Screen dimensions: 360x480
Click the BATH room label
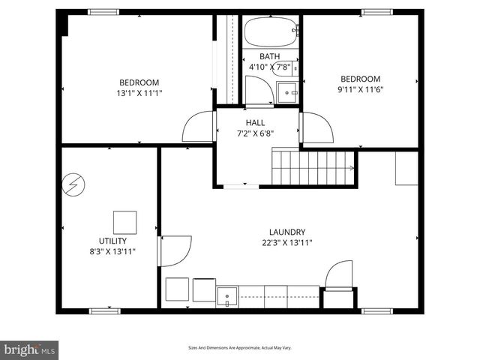pos(269,56)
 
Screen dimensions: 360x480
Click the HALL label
pos(255,123)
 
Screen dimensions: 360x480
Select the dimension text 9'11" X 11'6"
pos(360,89)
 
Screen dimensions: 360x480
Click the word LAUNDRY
pos(287,232)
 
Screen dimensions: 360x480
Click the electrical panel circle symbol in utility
pos(75,183)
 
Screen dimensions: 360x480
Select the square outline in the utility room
pos(124,223)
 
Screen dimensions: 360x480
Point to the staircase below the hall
pos(312,166)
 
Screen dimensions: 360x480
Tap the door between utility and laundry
pos(175,250)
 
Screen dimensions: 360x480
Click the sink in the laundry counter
pos(227,297)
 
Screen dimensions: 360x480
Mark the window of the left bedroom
pos(103,12)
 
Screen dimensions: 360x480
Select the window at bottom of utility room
pos(105,310)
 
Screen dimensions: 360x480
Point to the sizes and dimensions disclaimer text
pos(240,348)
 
